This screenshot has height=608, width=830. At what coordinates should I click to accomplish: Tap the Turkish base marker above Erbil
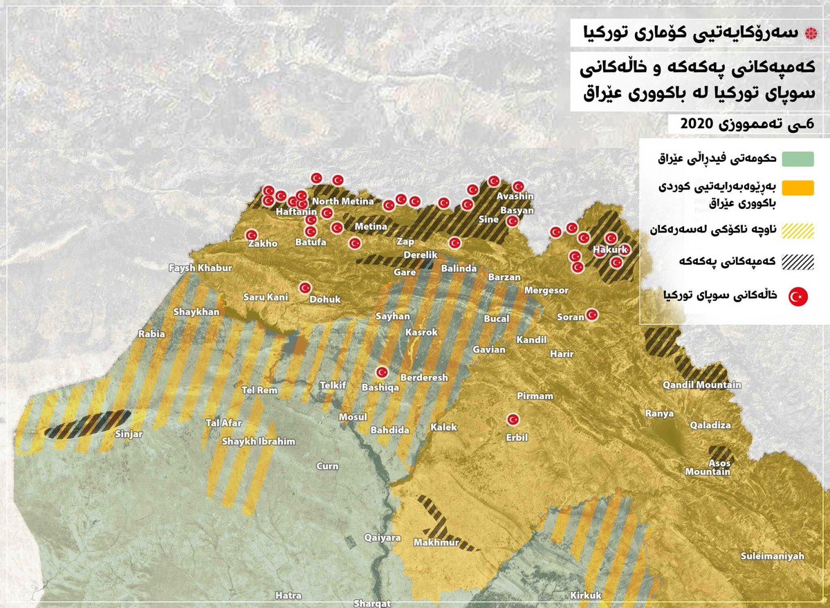coord(513,419)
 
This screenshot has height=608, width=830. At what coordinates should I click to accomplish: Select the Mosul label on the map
coord(352,417)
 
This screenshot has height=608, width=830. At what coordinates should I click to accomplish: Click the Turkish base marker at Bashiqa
coord(381,372)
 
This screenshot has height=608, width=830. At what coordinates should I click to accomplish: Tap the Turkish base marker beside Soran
coord(592,315)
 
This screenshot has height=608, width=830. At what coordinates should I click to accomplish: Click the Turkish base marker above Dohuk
coord(305,288)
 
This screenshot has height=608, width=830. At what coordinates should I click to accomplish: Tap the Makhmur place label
coord(436,543)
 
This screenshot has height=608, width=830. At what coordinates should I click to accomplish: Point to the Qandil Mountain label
coord(701,385)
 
